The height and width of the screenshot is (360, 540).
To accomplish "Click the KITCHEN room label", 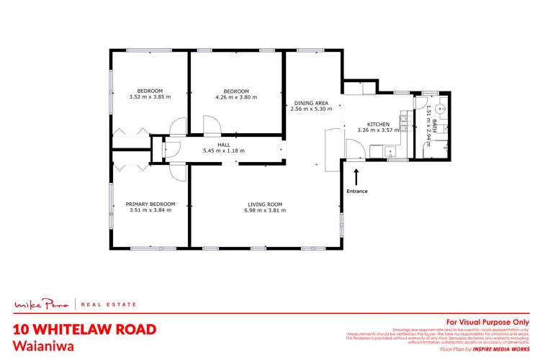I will click(378, 123).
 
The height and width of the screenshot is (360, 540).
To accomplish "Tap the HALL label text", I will click(213, 143).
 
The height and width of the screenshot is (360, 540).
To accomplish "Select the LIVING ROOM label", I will click(264, 204).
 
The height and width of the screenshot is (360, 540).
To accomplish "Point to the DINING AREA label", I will click(310, 102).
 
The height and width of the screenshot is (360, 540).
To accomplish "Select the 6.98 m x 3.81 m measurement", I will click(264, 211).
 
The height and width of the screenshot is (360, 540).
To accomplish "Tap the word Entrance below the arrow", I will click(357, 191).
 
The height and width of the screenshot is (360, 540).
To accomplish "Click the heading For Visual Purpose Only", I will click(487, 322).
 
